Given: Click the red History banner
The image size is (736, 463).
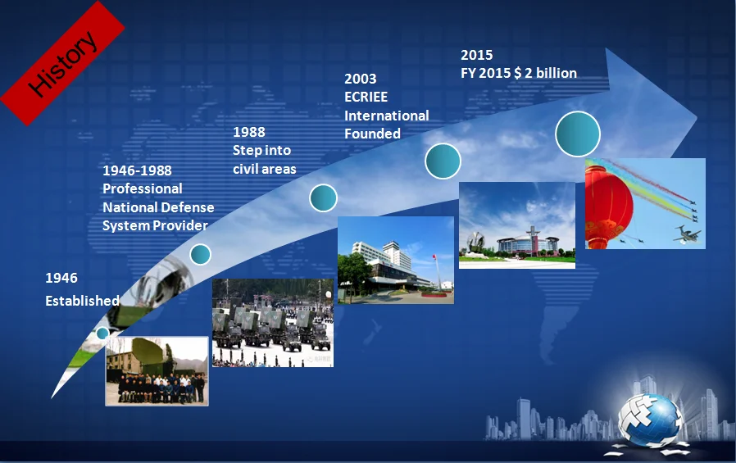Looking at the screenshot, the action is click(62, 63).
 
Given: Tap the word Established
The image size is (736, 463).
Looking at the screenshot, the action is click(82, 301).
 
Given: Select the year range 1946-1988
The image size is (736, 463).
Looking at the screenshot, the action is click(137, 170).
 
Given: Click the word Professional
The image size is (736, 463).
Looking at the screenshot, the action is click(143, 188).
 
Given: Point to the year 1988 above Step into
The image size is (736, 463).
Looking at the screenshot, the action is click(249, 132).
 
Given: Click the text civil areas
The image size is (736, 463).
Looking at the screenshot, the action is click(264, 169).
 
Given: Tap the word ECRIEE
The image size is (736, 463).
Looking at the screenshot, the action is click(366, 97).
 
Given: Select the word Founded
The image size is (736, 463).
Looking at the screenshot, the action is click(372, 134).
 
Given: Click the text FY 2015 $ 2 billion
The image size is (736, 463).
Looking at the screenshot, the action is click(519, 73).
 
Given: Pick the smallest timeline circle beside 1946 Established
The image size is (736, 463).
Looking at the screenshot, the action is click(102, 333).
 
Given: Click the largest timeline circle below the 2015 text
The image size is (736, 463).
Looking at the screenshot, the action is click(577, 134).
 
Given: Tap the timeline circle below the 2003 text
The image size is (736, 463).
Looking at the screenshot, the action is click(443, 161).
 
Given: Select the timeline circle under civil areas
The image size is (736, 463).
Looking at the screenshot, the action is click(323, 198).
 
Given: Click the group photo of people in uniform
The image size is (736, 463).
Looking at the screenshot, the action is click(157, 371).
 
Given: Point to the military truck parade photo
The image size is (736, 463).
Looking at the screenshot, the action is click(273, 323).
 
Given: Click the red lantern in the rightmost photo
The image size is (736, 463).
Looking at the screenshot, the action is click(608, 205).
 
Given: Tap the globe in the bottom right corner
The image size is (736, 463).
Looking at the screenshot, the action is click(650, 420).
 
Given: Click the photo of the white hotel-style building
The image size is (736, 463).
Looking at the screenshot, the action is click(396, 260).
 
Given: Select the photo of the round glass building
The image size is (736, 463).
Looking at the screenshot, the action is click(517, 225).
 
